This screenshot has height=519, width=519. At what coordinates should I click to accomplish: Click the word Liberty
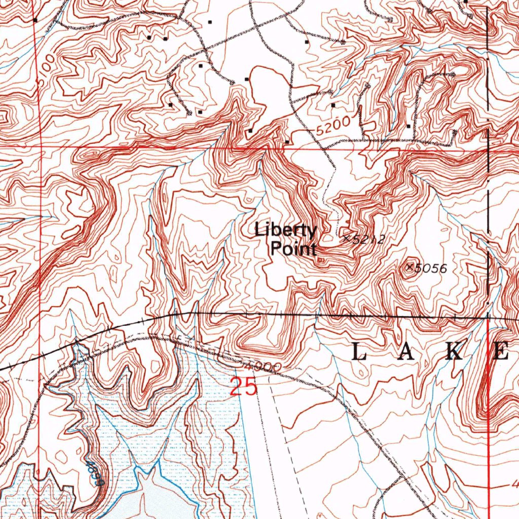click(286, 230)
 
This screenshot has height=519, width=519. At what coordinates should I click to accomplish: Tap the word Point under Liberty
click(293, 249)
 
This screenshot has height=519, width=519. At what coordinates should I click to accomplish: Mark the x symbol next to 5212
click(347, 237)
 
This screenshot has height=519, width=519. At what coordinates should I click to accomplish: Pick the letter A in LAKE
click(407, 351)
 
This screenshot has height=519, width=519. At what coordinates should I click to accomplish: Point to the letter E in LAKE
click(501, 351)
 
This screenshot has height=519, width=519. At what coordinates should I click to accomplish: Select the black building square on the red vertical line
click(35, 20)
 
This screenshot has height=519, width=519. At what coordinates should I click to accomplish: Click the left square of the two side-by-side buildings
click(149, 38)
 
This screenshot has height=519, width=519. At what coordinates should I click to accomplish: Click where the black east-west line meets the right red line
click(488, 318)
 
